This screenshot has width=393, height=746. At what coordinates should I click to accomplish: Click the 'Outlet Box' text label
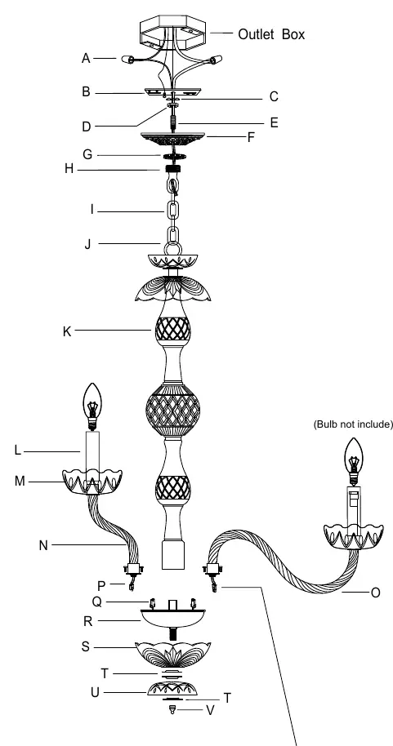pos(271,34)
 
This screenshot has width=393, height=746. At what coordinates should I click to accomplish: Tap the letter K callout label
pos(67,331)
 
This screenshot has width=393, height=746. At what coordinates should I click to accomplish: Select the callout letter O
pos(375,593)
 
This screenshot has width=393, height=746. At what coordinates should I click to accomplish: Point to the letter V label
pos(210,710)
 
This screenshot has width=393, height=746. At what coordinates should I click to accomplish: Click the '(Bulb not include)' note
pos(353,424)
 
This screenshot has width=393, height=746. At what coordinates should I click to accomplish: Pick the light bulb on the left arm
pos(92,406)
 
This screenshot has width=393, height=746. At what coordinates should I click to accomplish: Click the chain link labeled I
pos(172,211)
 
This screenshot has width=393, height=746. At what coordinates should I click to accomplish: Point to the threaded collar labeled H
pos(172,169)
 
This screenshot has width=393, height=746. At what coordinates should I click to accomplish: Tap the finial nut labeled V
pos(172,710)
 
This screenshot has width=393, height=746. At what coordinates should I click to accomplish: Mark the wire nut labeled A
pos(127,60)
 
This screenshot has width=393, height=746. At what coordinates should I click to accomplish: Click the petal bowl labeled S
pos(172,655)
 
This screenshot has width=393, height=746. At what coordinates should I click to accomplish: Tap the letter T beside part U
pos(227,699)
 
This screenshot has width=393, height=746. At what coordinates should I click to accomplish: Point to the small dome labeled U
pos(172,688)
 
